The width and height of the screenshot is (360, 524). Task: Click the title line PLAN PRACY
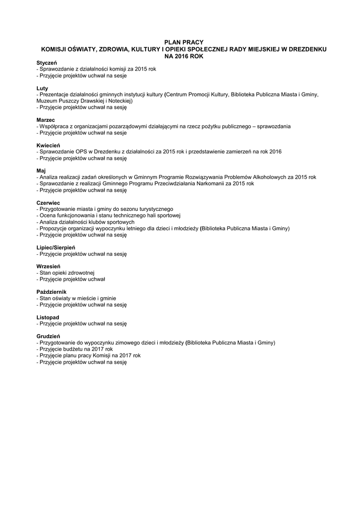183,42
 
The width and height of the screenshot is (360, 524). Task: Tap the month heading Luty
42,89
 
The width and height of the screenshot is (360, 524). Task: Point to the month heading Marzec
46,120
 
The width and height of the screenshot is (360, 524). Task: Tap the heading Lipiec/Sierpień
56,247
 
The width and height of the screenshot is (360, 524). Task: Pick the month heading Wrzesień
49,266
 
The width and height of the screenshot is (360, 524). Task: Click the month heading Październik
52,292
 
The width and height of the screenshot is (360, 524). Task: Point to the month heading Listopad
48,317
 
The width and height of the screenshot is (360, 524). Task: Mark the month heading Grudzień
49,336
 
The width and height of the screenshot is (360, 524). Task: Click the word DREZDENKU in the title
305,49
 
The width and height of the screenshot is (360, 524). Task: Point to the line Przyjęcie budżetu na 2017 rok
75,349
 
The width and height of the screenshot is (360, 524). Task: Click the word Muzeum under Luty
47,101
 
